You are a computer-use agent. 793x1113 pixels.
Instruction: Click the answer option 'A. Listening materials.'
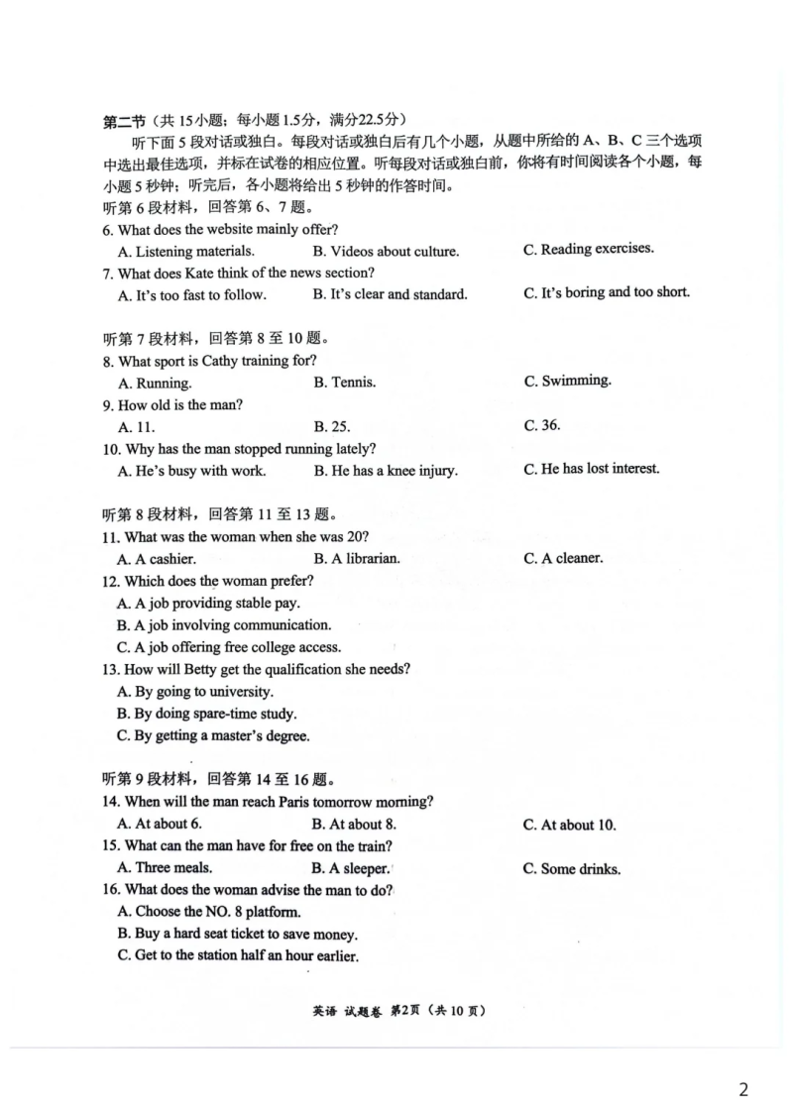(x=186, y=252)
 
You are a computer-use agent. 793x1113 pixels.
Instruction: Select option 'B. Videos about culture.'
(x=387, y=252)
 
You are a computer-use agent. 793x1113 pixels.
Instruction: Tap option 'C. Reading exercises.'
(x=589, y=249)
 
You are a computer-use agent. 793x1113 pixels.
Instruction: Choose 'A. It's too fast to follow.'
(x=191, y=295)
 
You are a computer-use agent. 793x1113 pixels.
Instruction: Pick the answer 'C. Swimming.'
(x=568, y=382)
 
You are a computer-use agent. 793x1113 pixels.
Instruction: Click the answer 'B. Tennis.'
(x=345, y=383)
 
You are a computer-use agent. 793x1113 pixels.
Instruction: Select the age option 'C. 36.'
(x=542, y=426)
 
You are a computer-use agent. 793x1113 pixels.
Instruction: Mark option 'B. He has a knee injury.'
(x=386, y=471)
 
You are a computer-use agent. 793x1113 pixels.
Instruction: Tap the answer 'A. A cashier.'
(x=157, y=559)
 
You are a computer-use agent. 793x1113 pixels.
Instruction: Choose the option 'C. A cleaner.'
(x=564, y=559)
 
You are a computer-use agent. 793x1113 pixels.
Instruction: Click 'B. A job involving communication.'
(x=224, y=625)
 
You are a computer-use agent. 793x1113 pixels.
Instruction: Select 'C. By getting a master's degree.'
(x=213, y=736)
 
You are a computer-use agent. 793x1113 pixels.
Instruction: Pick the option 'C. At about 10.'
(x=569, y=825)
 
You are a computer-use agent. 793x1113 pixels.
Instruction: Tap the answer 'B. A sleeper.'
(x=351, y=868)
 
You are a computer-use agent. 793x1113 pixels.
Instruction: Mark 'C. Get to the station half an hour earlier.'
(x=238, y=955)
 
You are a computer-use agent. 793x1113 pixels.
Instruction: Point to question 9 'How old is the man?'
(x=172, y=405)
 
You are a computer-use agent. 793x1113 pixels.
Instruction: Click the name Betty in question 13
(x=200, y=669)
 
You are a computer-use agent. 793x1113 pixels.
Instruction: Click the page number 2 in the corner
(x=743, y=1089)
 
